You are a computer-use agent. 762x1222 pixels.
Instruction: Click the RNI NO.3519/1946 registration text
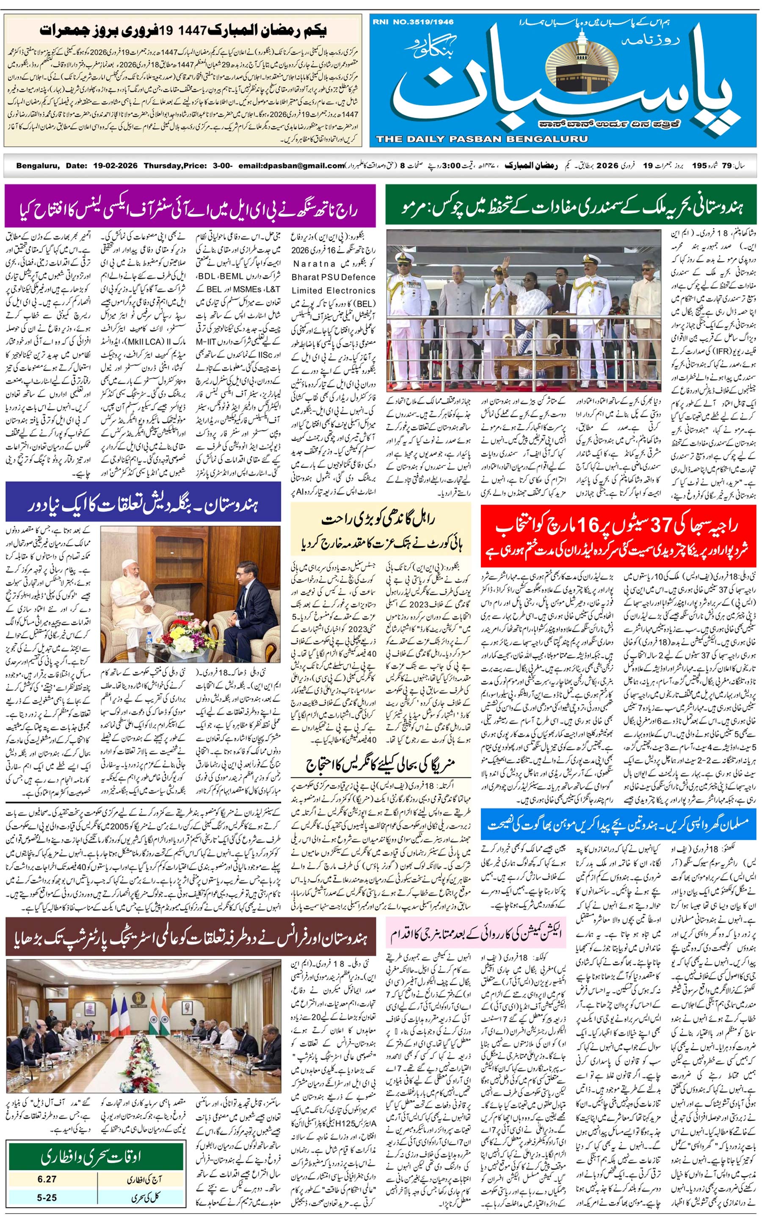[413, 22]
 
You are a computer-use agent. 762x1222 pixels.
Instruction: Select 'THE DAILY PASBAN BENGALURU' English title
[481, 138]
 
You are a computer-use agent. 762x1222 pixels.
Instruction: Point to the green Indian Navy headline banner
[571, 206]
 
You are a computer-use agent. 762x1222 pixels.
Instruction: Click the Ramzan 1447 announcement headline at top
[182, 30]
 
